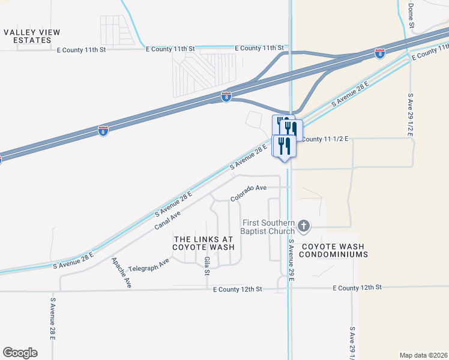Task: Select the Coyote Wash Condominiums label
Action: point(334,250)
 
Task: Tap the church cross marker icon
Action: point(304,226)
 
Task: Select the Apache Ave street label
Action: point(121,273)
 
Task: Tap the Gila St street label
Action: point(206,264)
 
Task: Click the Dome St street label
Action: point(411,16)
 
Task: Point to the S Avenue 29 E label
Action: point(291,264)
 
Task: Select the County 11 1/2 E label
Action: point(324,139)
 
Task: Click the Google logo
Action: point(20,353)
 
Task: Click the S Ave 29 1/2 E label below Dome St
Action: point(411,115)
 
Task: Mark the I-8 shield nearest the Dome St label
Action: point(379,53)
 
